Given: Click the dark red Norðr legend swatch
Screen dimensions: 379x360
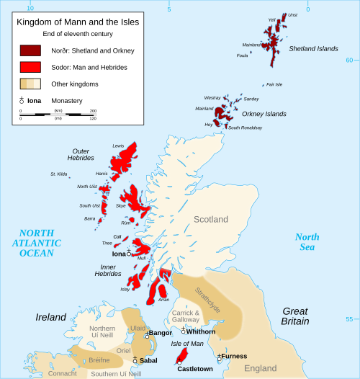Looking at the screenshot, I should click(30, 50).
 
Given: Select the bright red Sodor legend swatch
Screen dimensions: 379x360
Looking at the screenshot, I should click(30, 67).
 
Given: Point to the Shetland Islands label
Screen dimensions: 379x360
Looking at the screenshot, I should click(313, 49).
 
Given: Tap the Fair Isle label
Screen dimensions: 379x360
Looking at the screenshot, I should click(274, 84).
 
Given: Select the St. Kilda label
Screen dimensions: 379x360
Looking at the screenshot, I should click(58, 174).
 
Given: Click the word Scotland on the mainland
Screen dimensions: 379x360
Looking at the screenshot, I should click(210, 219).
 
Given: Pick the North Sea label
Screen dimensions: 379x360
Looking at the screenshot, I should click(307, 242).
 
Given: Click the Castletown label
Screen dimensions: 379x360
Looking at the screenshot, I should click(195, 369).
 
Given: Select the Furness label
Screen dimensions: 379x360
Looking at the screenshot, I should click(234, 356).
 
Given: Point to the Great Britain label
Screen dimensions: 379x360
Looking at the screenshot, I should click(294, 316).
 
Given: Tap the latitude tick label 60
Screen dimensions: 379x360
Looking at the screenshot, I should click(349, 61).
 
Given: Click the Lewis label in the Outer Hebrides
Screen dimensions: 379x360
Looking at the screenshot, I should click(119, 146).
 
